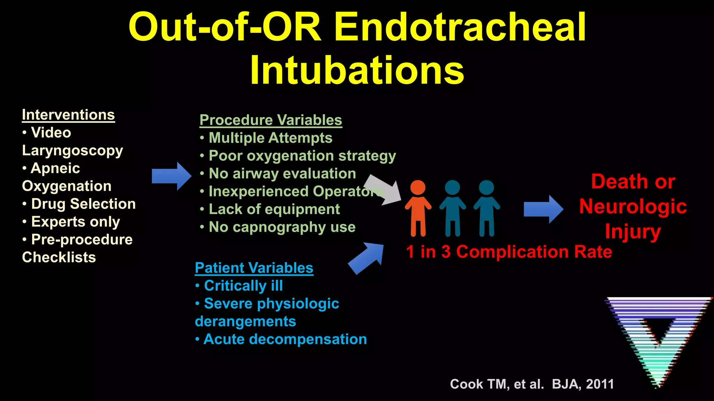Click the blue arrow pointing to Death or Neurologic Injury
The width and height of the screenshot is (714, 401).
tap(543, 209)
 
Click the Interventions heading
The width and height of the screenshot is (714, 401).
tap(68, 115)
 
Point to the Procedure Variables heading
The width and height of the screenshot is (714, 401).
tap(271, 120)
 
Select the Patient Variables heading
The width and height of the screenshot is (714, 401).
tap(254, 268)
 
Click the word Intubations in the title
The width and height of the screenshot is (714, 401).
tap(357, 70)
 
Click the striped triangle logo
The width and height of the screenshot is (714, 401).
tap(658, 334)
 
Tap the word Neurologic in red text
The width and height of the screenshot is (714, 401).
tap(633, 206)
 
